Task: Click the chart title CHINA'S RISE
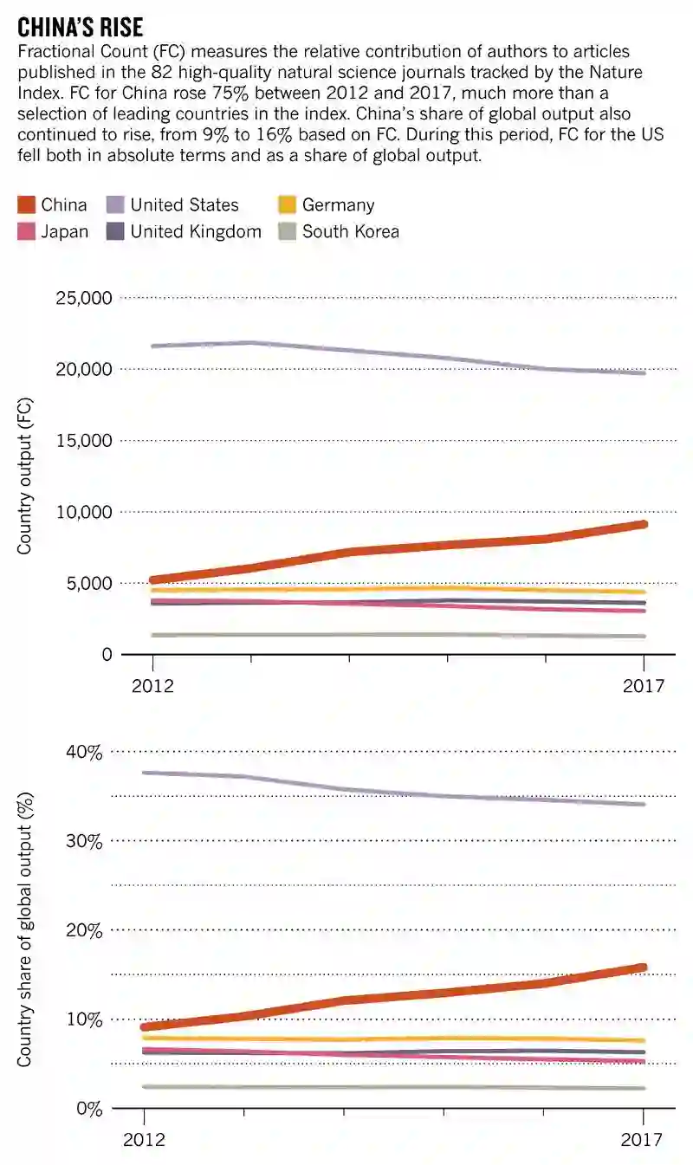point(81,25)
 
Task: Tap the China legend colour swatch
point(26,205)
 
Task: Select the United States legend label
point(184,205)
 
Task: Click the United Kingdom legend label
point(195,231)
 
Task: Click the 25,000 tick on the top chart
point(83,299)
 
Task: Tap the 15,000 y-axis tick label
point(83,441)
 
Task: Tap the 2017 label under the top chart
point(644,687)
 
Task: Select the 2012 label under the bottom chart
point(144,1141)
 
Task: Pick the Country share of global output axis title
point(25,930)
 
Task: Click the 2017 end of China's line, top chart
point(644,524)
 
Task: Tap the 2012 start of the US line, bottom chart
point(145,773)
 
